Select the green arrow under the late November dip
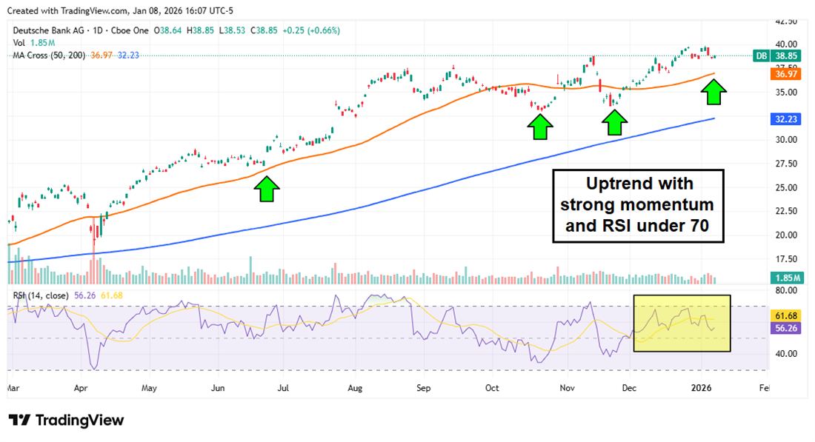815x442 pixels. (x=614, y=121)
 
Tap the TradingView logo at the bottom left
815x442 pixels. (x=66, y=420)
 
